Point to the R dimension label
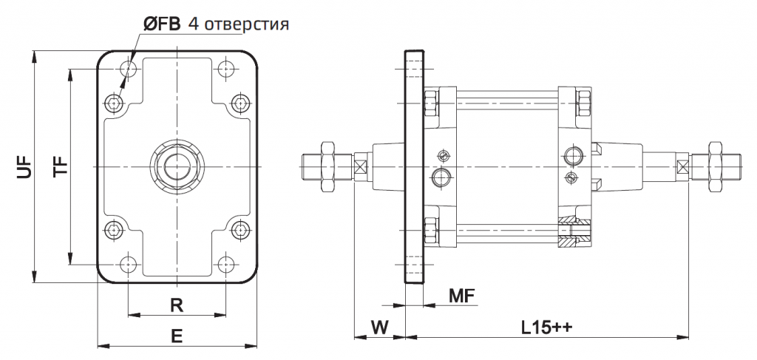point(177,305)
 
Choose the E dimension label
point(177,336)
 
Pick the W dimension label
point(378,326)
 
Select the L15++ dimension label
point(548,326)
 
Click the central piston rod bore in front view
point(177,167)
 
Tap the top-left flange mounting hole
point(129,70)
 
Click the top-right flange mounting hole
point(225,70)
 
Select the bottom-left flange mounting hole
point(129,263)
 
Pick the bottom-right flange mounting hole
point(225,263)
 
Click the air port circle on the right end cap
point(574,155)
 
